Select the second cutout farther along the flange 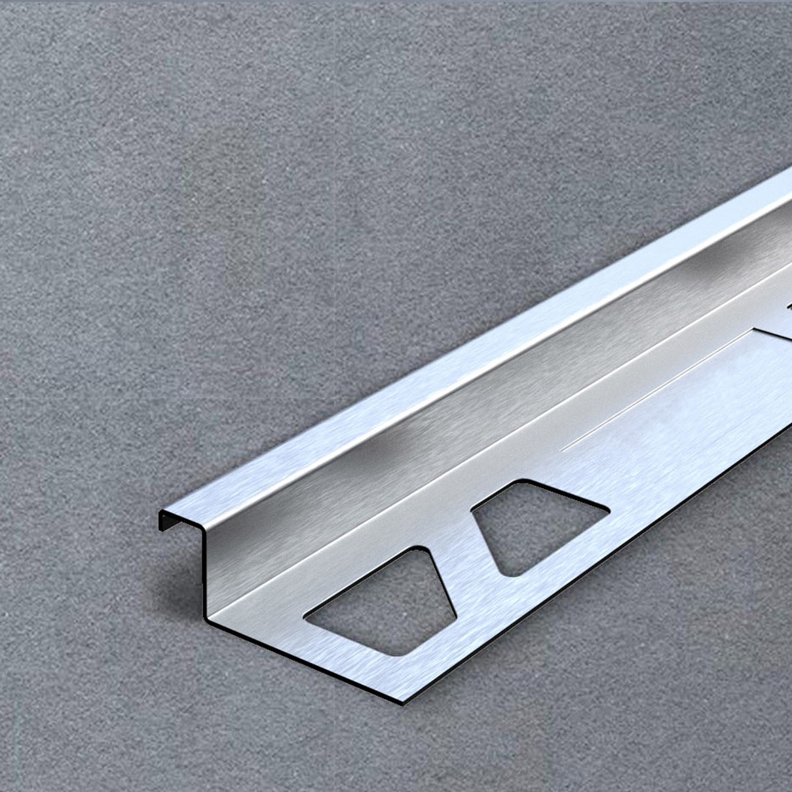tap(534, 526)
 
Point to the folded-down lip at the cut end tap(165, 520)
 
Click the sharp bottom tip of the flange tap(401, 701)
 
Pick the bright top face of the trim tap(464, 364)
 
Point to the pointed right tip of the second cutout tap(607, 510)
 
